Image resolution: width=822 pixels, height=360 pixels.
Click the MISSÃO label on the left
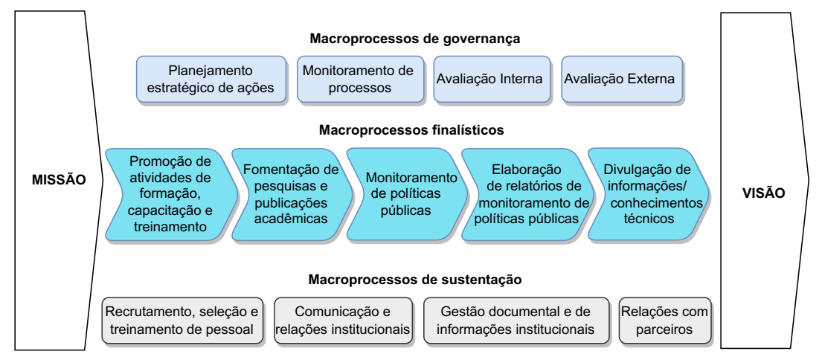[x=59, y=180]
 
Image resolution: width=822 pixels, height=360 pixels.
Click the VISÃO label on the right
[x=763, y=193]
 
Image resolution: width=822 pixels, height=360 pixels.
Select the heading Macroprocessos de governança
[x=414, y=39]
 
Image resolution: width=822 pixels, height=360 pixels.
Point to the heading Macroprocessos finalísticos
[x=411, y=130]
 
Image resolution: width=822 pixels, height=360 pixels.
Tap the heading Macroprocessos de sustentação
[x=414, y=280]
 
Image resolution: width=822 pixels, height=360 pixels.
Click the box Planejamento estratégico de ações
[x=211, y=79]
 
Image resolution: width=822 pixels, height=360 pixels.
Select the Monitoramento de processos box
[x=361, y=79]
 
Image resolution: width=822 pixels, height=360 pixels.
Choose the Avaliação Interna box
[x=492, y=79]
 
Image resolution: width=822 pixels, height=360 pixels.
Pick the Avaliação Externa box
[x=622, y=79]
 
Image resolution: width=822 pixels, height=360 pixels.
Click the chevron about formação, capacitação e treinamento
[x=171, y=194]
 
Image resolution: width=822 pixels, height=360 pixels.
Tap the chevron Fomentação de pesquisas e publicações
[x=292, y=194]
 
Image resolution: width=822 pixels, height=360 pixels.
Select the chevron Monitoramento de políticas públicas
[x=406, y=194]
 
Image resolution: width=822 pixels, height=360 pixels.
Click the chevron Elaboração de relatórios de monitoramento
[x=527, y=194]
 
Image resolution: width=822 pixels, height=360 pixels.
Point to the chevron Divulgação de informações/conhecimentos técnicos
[x=649, y=194]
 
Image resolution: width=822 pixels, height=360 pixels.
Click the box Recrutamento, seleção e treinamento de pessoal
[x=182, y=321]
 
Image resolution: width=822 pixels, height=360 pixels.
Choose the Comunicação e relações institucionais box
[x=343, y=321]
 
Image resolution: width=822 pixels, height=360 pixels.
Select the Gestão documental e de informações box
[x=516, y=321]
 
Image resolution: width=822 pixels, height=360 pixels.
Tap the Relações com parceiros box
[x=665, y=321]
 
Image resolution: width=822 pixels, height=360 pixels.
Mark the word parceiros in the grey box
[x=665, y=330]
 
